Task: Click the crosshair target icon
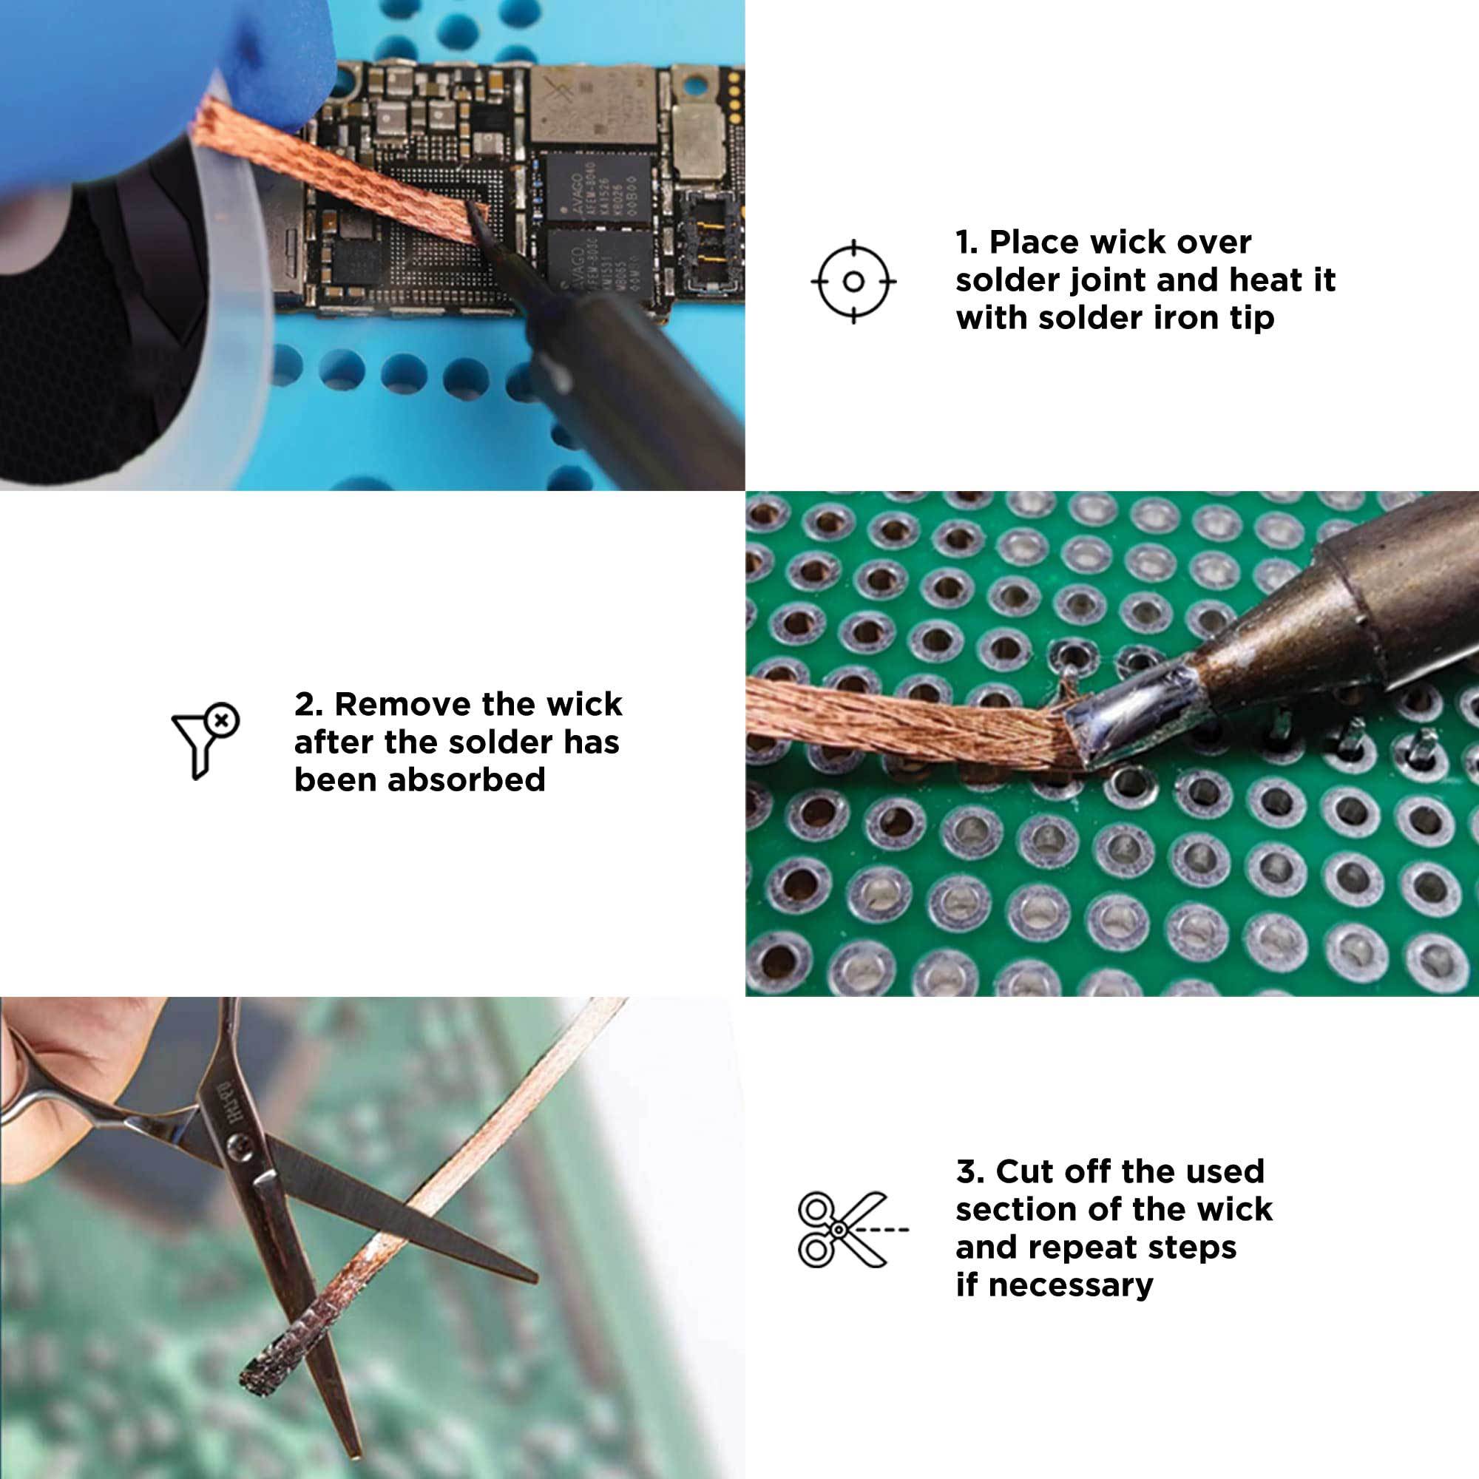coord(853,282)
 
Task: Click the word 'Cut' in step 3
coord(1022,1171)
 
